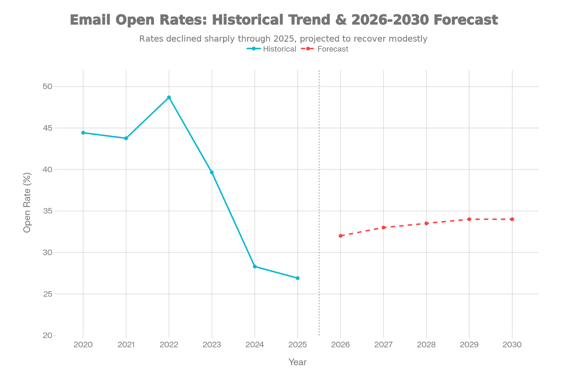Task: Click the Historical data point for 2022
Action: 169,97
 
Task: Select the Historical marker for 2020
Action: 83,133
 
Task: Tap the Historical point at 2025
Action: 298,278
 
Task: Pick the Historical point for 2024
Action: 255,267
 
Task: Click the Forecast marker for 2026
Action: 340,236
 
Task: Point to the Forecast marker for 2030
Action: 512,219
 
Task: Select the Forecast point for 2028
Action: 426,223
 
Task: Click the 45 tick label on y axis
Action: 48,128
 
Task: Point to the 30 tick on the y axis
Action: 48,252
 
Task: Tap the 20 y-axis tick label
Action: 48,335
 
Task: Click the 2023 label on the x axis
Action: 212,345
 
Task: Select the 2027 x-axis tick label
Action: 383,345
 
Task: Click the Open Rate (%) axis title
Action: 27,202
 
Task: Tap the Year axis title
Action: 297,362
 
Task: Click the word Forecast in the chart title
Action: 465,20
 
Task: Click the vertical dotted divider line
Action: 319,198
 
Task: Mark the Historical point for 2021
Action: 126,138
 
